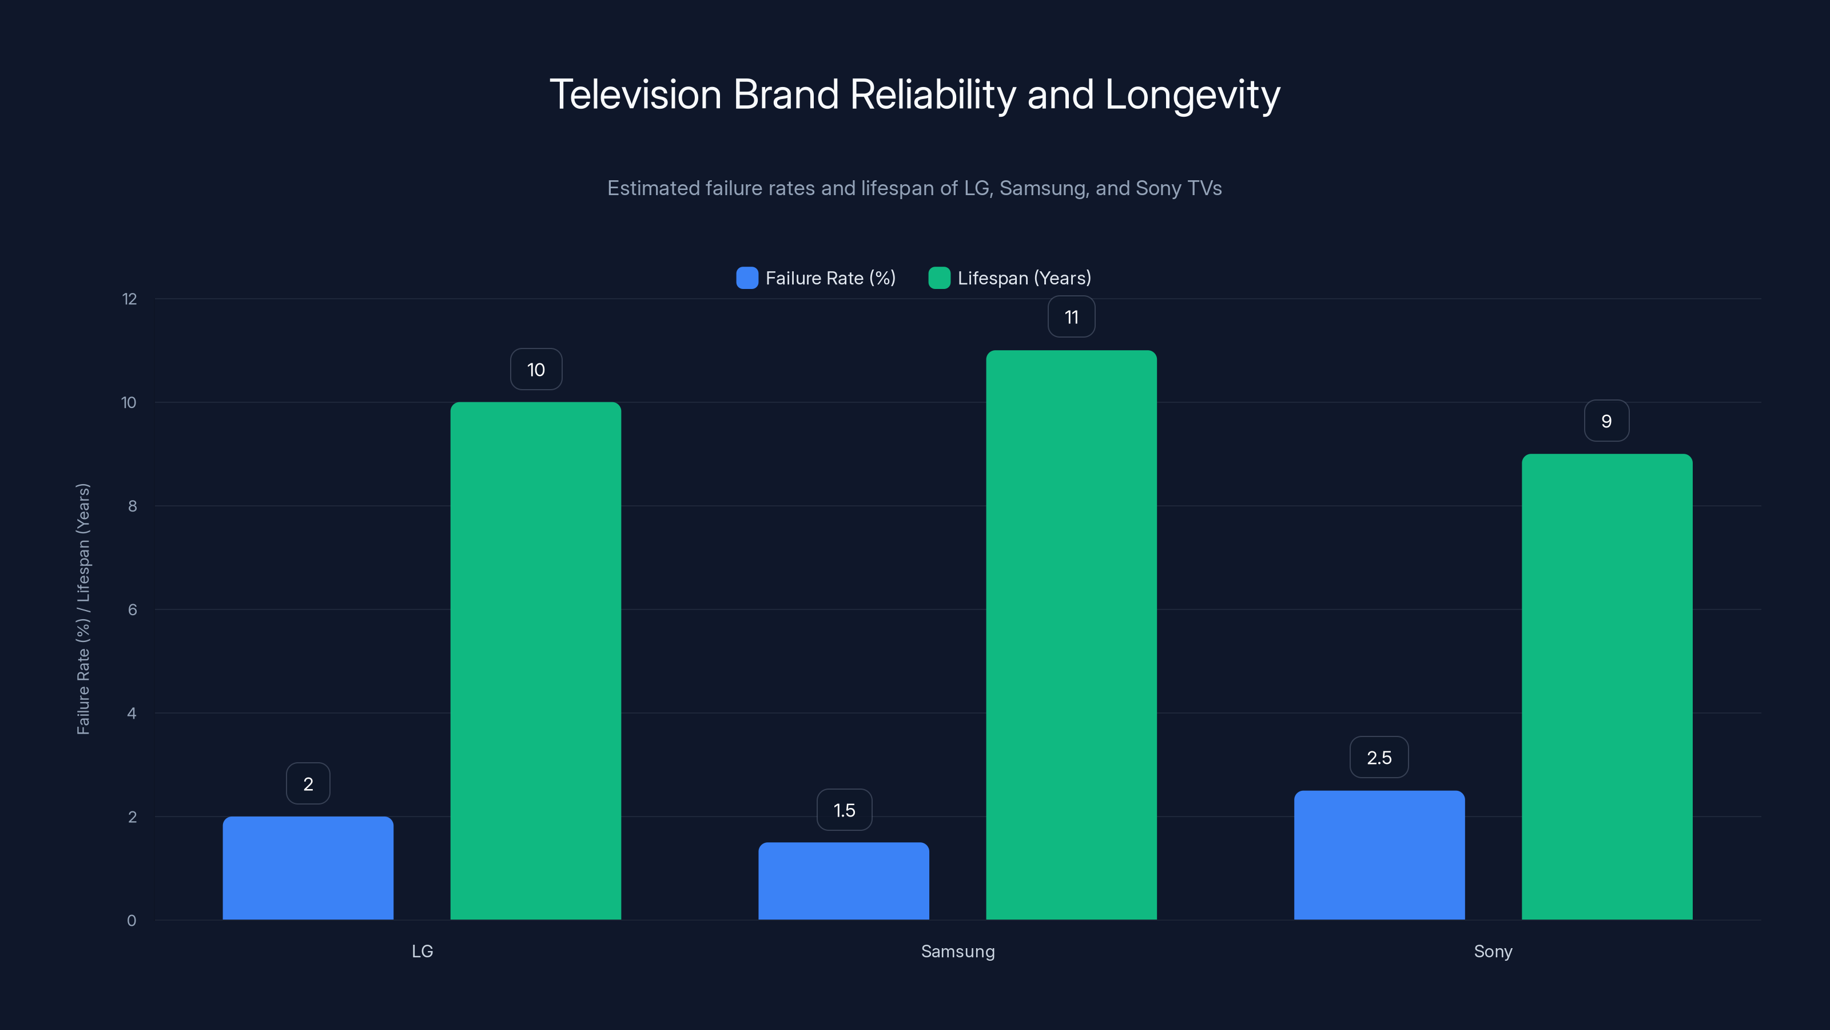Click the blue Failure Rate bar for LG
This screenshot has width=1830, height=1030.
[x=308, y=868]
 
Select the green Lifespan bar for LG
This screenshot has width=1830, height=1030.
[x=536, y=661]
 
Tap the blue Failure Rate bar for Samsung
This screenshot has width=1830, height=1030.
[x=844, y=881]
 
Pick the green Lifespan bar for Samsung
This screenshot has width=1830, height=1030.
[x=1071, y=635]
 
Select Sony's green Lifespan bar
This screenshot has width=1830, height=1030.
[x=1607, y=687]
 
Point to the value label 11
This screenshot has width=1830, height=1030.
[x=1071, y=317]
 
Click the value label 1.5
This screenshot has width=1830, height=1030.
[x=844, y=810]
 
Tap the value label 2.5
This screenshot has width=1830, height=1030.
[x=1379, y=758]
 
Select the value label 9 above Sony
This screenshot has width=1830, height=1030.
[x=1606, y=422]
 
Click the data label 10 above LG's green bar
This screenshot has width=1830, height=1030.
[x=536, y=370]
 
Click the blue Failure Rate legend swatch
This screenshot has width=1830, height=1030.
[x=747, y=278]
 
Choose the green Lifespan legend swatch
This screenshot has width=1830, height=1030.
[x=939, y=278]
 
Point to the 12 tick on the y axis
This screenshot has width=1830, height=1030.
[x=129, y=299]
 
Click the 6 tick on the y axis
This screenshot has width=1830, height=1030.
[x=132, y=610]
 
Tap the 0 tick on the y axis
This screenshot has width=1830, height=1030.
[x=132, y=921]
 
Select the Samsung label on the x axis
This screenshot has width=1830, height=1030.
[x=958, y=951]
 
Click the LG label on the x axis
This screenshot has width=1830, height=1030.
[x=422, y=951]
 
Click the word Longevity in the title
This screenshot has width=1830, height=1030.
[x=1192, y=94]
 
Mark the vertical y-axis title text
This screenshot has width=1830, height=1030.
[x=83, y=609]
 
